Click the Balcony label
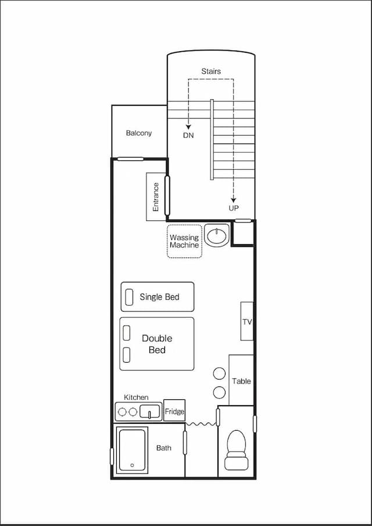pos(139,133)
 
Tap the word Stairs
pos(211,71)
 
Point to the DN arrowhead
pos(188,127)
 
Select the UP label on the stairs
pos(234,208)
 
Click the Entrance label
pos(156,197)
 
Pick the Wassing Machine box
pos(184,241)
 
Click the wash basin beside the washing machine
pos(217,236)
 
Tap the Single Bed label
pos(159,297)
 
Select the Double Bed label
pos(157,344)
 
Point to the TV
pos(247,321)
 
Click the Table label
pos(242,381)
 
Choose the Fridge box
pos(174,410)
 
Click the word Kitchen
pos(136,397)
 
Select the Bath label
pos(164,448)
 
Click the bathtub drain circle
pos(132,466)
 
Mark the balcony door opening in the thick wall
pos(130,159)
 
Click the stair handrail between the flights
pos(212,139)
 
